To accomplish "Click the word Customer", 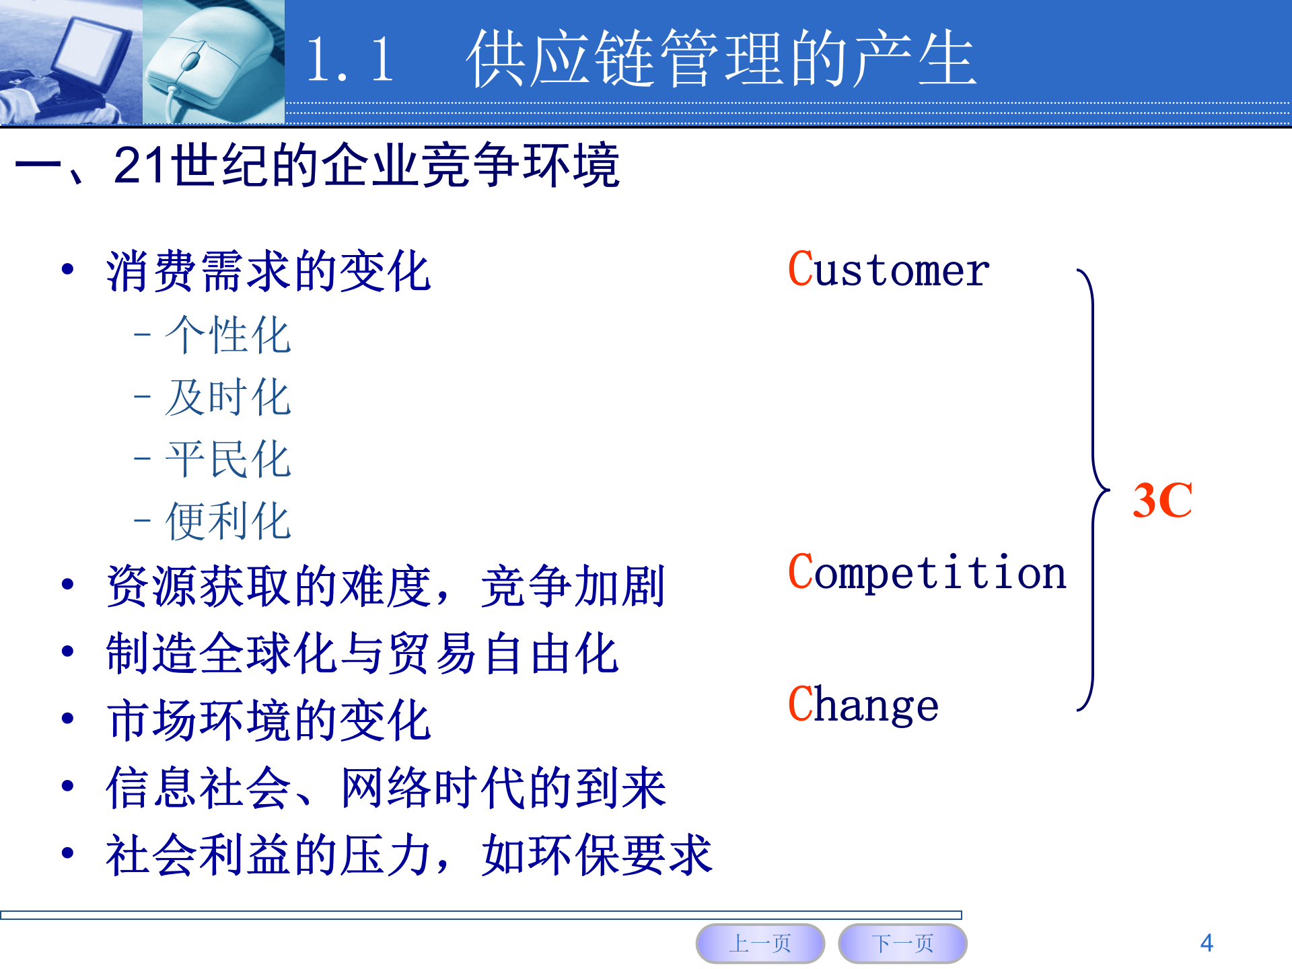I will pyautogui.click(x=888, y=271).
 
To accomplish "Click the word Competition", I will pyautogui.click(x=927, y=573).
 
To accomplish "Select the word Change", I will pyautogui.click(x=863, y=705).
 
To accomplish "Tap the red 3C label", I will pyautogui.click(x=1162, y=501).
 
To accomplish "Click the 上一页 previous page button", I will pyautogui.click(x=760, y=943).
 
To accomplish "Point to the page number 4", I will pyautogui.click(x=1207, y=943).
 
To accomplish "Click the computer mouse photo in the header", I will pyautogui.click(x=213, y=62).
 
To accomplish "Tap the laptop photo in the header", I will pyautogui.click(x=71, y=62).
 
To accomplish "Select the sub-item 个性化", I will pyautogui.click(x=227, y=335).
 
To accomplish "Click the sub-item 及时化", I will pyautogui.click(x=227, y=397).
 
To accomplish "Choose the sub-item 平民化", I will pyautogui.click(x=227, y=460).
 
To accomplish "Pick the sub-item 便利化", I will pyautogui.click(x=227, y=522).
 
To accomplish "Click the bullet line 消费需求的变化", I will pyautogui.click(x=268, y=272).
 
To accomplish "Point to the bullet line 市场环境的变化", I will pyautogui.click(x=268, y=721).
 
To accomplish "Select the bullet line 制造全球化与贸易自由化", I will pyautogui.click(x=362, y=653).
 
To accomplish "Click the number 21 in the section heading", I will pyautogui.click(x=139, y=165).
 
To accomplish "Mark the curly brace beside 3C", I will pyautogui.click(x=1093, y=490).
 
